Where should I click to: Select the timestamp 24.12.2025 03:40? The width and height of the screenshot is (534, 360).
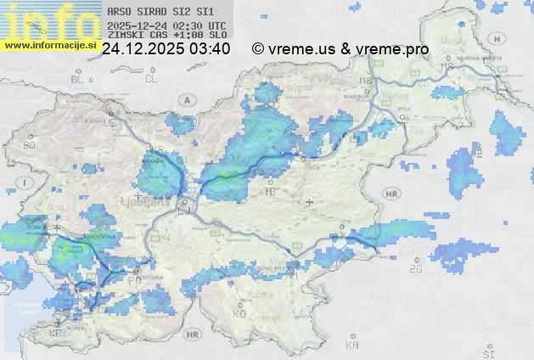166,49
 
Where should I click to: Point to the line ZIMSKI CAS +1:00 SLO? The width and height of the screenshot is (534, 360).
167,36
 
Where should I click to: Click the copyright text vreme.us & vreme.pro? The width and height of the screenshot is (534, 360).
340,49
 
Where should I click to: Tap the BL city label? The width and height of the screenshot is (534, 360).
79,79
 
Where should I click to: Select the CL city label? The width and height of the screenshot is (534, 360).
151,79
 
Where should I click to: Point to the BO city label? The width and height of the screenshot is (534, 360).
30,145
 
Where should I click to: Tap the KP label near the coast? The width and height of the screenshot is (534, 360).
56,334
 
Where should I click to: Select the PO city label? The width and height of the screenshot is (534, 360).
133,280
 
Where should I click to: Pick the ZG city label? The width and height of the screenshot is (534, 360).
416,269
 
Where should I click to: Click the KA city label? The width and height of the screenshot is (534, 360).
352,346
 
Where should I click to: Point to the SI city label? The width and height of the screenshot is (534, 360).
488,351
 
